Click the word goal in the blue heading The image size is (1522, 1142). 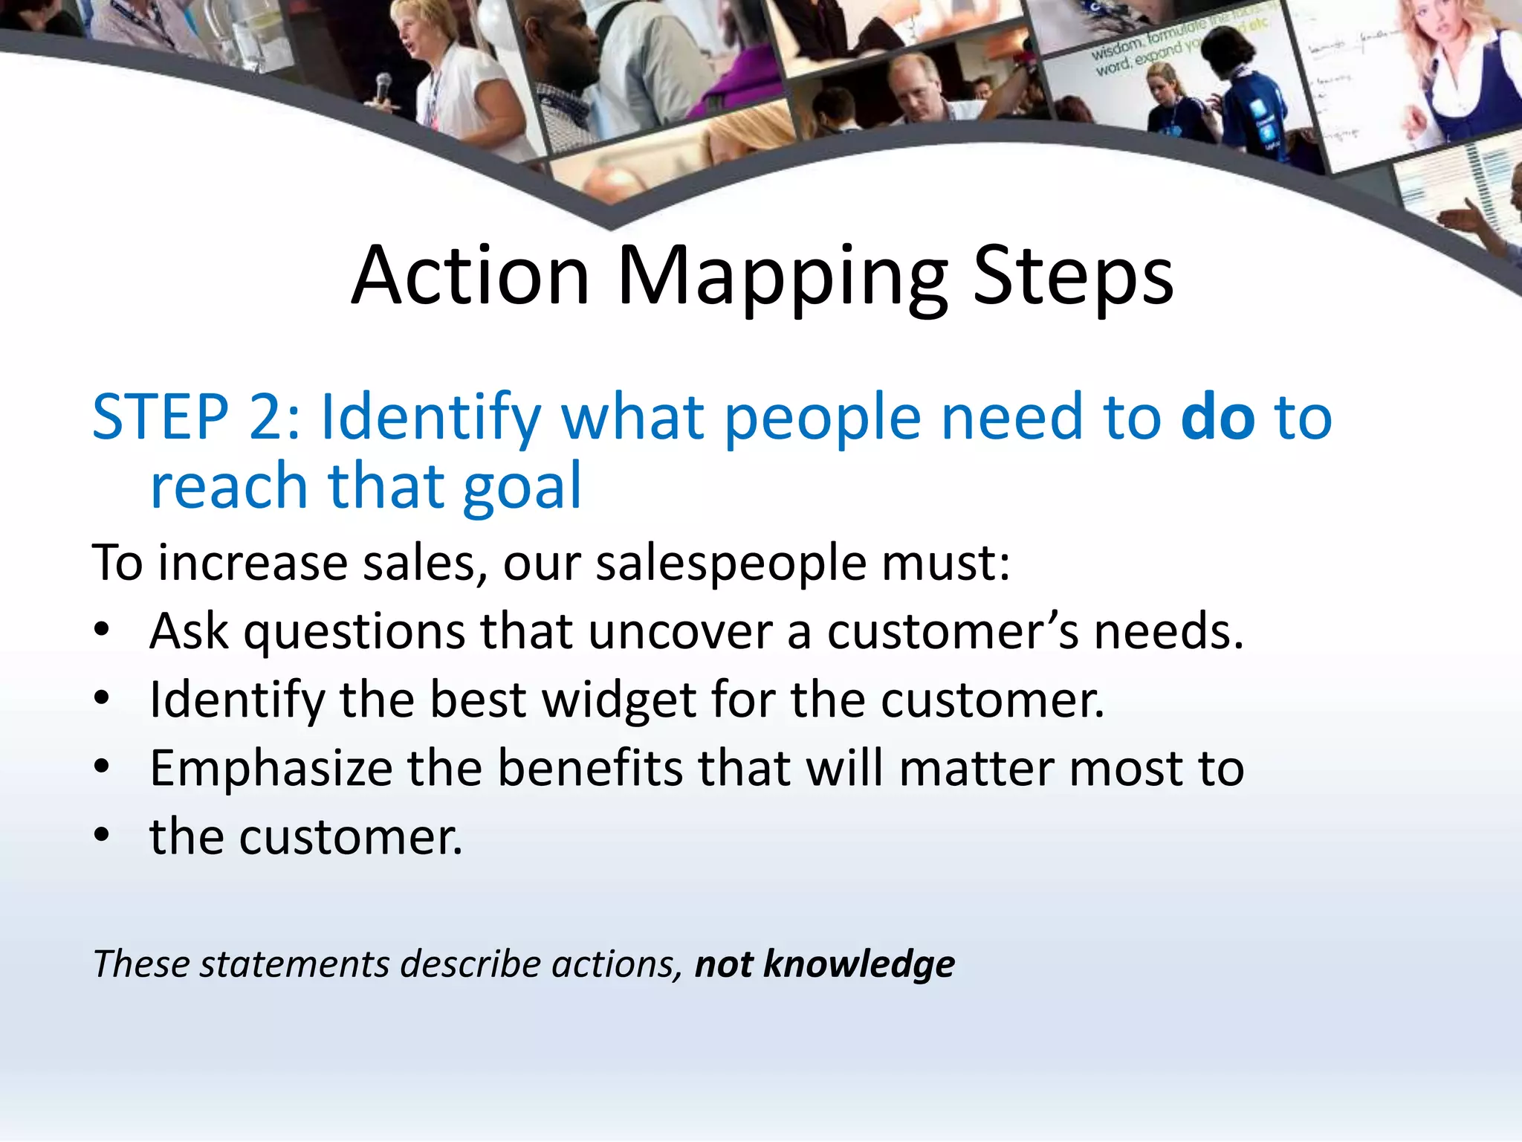pyautogui.click(x=521, y=487)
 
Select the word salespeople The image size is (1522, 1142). pyautogui.click(x=731, y=563)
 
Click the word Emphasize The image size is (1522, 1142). pyautogui.click(x=271, y=769)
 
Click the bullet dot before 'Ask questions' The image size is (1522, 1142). pyautogui.click(x=102, y=630)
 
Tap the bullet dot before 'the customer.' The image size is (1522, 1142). pyautogui.click(x=102, y=835)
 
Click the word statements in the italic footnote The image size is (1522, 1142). pyautogui.click(x=294, y=964)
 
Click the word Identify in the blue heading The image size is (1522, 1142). pyautogui.click(x=430, y=417)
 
